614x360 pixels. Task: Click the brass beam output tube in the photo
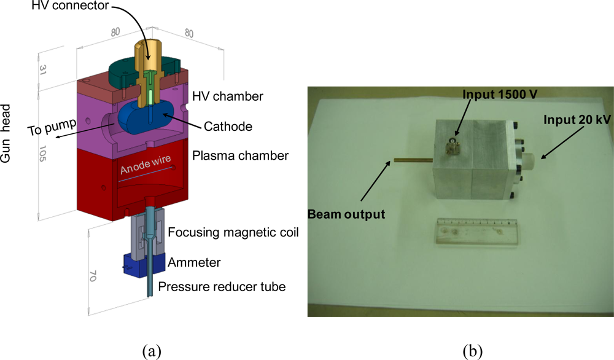pyautogui.click(x=413, y=161)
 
